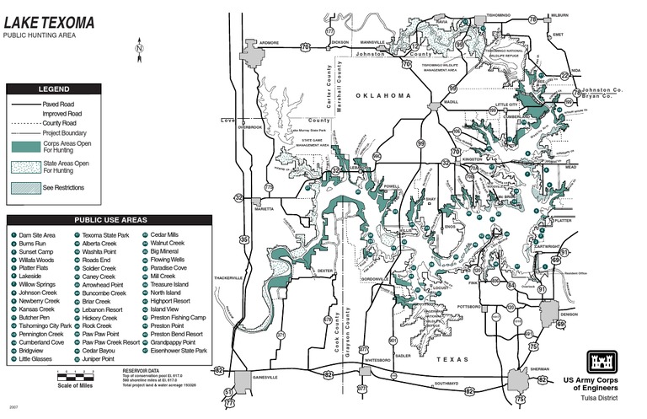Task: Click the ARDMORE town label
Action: click(269, 41)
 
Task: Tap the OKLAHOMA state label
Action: click(382, 96)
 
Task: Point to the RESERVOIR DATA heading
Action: click(140, 370)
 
